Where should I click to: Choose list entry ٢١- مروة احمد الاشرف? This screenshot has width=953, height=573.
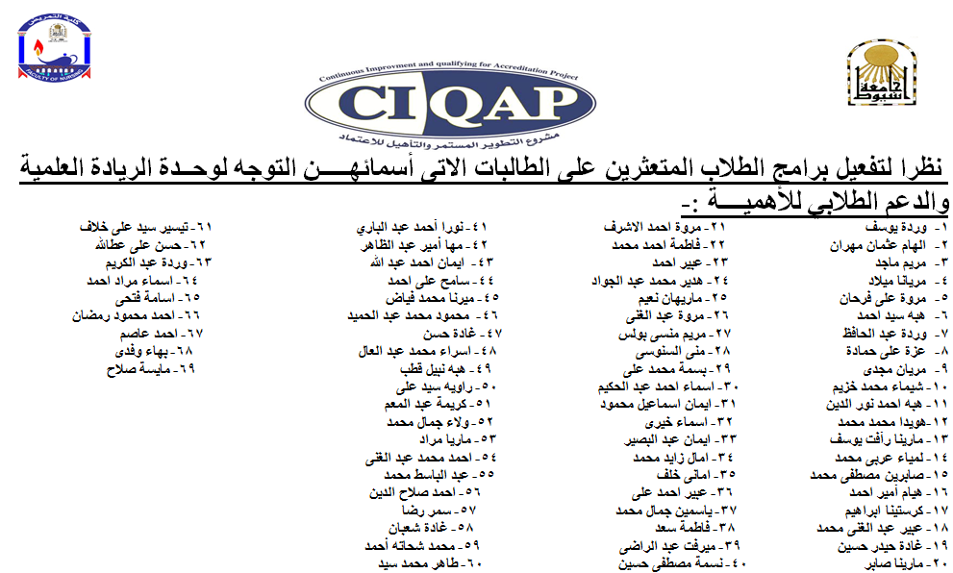pos(671,228)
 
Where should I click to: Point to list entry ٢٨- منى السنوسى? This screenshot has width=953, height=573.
pos(685,352)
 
